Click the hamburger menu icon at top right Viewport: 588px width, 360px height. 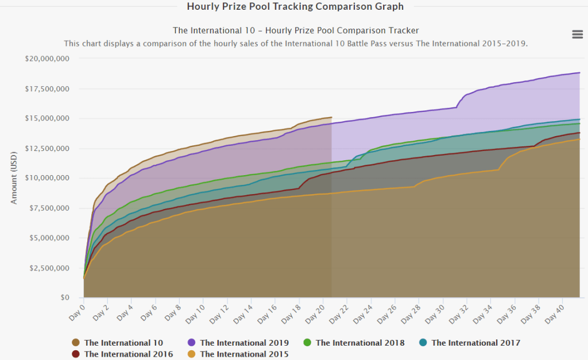coord(577,34)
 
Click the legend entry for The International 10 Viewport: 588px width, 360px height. coord(123,343)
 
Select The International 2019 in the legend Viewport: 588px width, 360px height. coord(244,343)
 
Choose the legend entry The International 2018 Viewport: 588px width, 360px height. coord(359,343)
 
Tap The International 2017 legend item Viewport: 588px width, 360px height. coord(475,343)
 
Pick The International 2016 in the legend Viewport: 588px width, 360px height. coord(128,354)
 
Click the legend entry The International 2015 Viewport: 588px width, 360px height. coord(244,354)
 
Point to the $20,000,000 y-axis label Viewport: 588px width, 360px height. coord(48,59)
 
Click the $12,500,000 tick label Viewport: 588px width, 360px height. coord(48,148)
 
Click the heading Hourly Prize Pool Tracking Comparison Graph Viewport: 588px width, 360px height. coord(295,7)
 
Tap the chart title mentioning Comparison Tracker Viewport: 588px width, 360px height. coord(296,30)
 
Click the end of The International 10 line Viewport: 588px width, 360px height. coord(331,117)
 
